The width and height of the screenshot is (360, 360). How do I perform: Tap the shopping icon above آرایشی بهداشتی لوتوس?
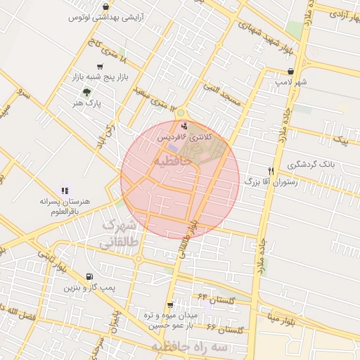tap(105, 7)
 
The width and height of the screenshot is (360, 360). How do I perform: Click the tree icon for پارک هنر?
tap(87, 91)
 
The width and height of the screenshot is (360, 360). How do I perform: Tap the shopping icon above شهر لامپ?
tap(291, 71)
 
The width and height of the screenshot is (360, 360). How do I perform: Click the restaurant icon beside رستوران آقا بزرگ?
tap(271, 171)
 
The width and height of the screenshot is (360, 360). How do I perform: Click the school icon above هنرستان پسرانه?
tap(65, 190)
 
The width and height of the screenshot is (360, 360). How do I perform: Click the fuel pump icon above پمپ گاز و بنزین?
tap(89, 277)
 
